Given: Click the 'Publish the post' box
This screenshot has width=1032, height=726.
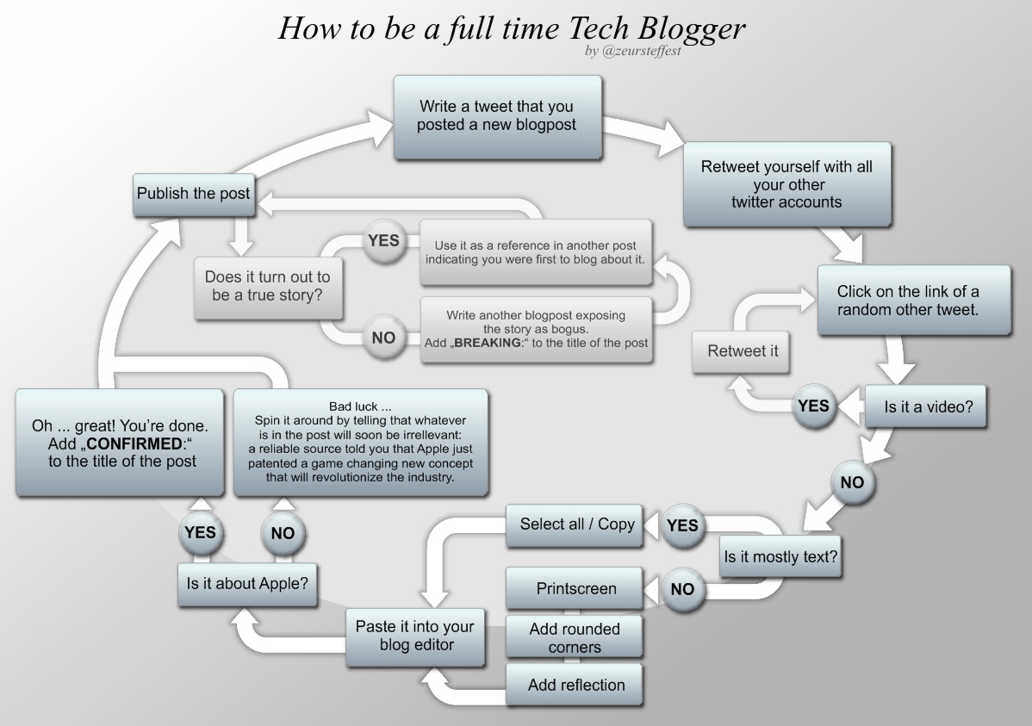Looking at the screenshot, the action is tap(194, 194).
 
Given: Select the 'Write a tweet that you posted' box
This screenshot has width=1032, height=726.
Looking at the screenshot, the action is tap(498, 117).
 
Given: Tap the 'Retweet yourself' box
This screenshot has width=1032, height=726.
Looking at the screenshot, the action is tap(787, 184).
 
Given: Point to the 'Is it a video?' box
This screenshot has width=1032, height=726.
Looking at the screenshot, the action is tap(924, 406).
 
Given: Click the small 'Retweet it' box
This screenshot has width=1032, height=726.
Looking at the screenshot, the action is tap(741, 351).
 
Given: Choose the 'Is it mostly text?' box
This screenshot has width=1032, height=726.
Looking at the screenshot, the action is tap(780, 557).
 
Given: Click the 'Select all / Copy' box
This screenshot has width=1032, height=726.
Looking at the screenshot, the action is tap(574, 525).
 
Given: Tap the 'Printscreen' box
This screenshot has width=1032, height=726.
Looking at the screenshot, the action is tap(574, 588).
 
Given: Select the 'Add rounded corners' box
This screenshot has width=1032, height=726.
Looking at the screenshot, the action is tap(574, 636).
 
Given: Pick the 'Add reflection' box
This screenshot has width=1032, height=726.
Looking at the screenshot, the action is tap(574, 685).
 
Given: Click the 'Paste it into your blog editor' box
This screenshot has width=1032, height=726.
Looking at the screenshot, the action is tap(415, 636).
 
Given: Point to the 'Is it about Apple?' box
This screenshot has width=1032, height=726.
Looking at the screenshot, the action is tap(247, 585).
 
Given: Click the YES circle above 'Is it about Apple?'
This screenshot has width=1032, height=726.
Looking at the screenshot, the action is tap(200, 532).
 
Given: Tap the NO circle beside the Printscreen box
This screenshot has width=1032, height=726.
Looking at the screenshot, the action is tap(682, 589).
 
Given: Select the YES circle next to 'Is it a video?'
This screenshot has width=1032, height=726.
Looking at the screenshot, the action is tap(813, 406).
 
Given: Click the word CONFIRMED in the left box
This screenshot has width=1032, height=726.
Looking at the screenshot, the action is tap(134, 444).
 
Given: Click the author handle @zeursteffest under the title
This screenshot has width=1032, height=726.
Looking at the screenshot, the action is tap(642, 52).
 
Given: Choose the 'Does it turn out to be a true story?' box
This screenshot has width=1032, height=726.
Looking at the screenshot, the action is tap(269, 286).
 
